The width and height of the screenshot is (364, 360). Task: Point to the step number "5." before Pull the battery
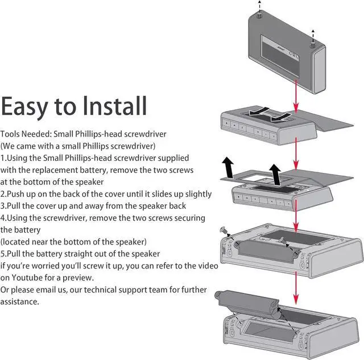click(5, 253)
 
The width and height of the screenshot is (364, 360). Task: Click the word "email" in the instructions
click(50, 289)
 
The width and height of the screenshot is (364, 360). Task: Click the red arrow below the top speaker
click(295, 94)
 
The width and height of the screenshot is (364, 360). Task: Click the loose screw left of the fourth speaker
click(224, 231)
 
